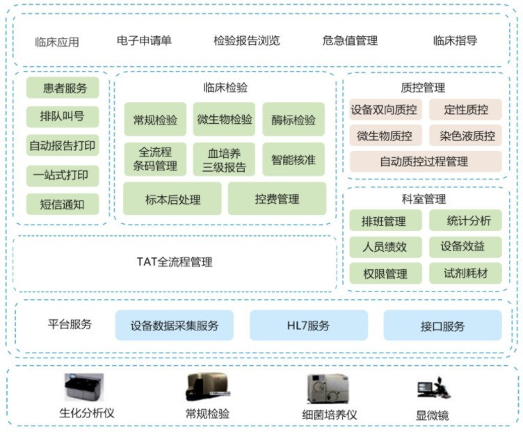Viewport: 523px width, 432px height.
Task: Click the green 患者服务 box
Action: pyautogui.click(x=63, y=88)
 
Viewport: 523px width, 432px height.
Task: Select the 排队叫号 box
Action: pyautogui.click(x=63, y=117)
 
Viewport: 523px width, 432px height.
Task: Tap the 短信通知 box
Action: pyautogui.click(x=63, y=205)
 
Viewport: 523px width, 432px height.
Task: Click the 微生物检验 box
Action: pyautogui.click(x=225, y=120)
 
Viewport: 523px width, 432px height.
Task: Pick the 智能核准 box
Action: pyautogui.click(x=293, y=159)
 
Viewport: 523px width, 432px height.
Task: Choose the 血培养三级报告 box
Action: pyautogui.click(x=225, y=159)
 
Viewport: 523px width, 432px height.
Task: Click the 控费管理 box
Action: pyautogui.click(x=277, y=199)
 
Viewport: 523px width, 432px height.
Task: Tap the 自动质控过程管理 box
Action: pyautogui.click(x=424, y=161)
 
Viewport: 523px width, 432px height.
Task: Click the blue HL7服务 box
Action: pyautogui.click(x=308, y=326)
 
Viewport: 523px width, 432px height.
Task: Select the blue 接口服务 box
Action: pyautogui.click(x=442, y=326)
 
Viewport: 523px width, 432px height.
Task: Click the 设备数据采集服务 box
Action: pyautogui.click(x=175, y=326)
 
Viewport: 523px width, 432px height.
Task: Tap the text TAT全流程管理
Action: pyautogui.click(x=175, y=262)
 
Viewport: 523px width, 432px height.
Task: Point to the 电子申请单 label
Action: pyautogui.click(x=144, y=40)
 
